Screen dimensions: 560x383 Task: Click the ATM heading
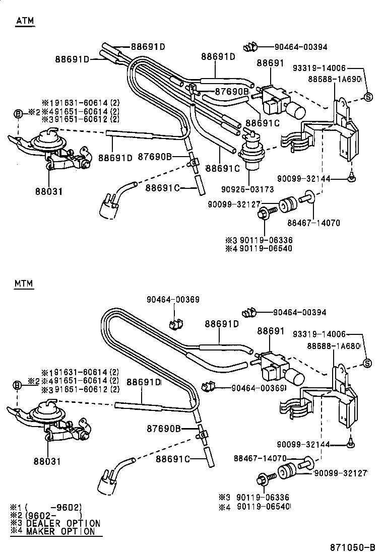click(24, 21)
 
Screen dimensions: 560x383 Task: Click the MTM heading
click(24, 284)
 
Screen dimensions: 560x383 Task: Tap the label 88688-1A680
click(334, 346)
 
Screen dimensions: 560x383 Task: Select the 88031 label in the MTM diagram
click(48, 461)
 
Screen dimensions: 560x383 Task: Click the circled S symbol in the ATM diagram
click(368, 97)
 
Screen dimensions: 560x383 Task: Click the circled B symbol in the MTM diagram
click(18, 385)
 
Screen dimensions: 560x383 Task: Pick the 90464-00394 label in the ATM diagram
click(301, 47)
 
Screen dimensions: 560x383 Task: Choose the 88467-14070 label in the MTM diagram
click(260, 458)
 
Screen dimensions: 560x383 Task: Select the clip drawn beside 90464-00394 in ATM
click(249, 48)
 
